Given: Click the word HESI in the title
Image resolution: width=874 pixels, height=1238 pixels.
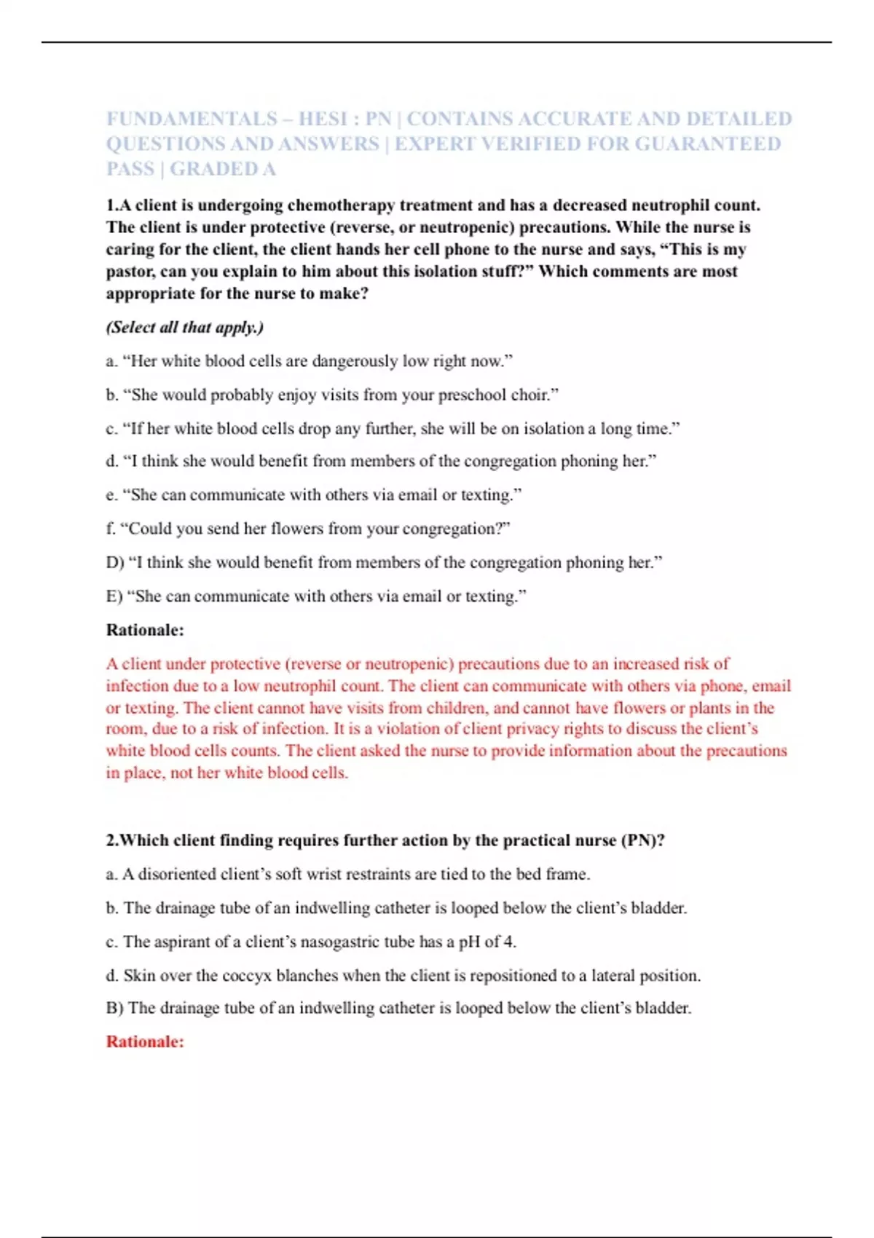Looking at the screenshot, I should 325,119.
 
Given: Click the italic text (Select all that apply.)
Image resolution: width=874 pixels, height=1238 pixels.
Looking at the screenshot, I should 185,327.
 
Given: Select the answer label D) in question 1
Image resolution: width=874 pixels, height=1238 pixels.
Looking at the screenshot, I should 115,562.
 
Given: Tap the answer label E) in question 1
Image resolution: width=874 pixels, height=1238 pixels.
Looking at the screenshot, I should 114,596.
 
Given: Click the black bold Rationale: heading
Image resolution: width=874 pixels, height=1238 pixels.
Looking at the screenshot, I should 145,630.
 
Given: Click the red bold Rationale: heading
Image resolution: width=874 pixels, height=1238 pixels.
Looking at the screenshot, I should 145,1041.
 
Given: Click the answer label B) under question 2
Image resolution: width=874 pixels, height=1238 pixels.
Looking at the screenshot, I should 115,1009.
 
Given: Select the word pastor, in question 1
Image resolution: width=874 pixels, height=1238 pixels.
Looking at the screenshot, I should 130,272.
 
